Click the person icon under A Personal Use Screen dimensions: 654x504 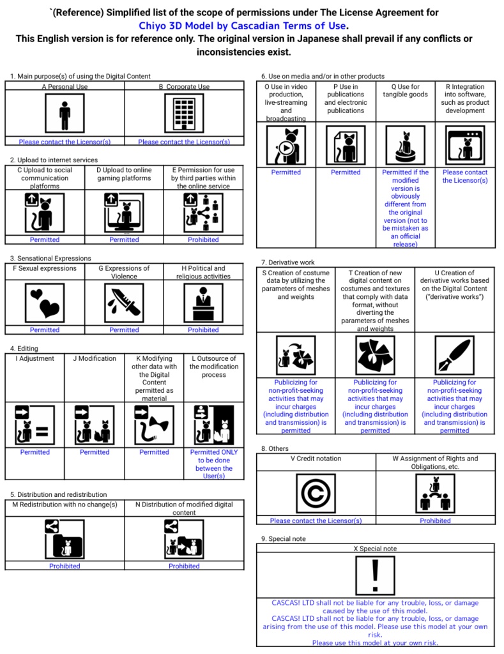point(65,113)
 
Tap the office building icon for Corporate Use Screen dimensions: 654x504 point(184,113)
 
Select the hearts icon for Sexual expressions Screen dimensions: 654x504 point(45,302)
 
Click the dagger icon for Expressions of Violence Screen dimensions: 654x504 point(124,302)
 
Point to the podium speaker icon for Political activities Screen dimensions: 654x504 point(203,302)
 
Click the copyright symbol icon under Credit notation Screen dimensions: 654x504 point(316,493)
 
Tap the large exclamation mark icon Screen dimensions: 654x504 point(375,574)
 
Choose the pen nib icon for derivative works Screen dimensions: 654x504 point(454,354)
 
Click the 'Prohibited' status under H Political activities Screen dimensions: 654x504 point(203,330)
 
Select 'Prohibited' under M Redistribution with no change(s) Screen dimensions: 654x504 point(65,566)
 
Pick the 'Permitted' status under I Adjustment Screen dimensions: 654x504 point(34,452)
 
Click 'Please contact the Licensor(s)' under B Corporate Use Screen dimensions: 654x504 point(184,142)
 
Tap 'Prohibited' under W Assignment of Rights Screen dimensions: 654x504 point(435,521)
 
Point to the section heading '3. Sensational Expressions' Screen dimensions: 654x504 point(50,258)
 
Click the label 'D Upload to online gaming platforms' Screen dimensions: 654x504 point(124,174)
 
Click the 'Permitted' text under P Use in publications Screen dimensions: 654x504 point(346,172)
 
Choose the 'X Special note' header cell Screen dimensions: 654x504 point(375,549)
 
